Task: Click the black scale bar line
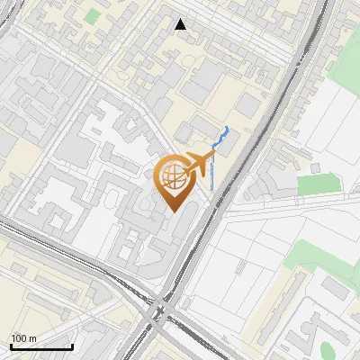pyautogui.click(x=41, y=347)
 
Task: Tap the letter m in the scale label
pyautogui.click(x=31, y=338)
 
